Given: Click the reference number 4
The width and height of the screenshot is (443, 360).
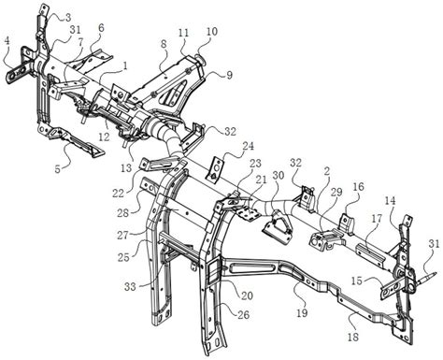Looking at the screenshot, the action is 7,41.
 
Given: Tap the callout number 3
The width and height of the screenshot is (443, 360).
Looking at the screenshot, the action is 68,17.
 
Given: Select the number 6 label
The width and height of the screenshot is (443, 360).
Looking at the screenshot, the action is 101,28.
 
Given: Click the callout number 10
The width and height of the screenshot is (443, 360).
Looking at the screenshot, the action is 212,31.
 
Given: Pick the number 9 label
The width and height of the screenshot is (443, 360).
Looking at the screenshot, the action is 229,75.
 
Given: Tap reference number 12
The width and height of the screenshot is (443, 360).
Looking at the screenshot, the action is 105,137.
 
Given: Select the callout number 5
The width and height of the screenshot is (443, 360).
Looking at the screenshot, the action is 58,169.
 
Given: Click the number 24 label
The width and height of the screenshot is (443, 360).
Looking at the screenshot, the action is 248,146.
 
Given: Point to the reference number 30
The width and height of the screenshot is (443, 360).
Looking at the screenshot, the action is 279,176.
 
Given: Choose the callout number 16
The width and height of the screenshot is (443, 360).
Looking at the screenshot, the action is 359,187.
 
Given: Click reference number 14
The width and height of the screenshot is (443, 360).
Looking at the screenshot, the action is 390,201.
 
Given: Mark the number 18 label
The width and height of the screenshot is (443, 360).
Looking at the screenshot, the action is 353,337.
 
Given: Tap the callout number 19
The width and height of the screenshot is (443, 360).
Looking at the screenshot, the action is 302,312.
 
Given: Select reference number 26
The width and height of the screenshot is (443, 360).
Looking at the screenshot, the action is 243,314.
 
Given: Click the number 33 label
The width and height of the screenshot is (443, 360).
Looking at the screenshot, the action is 130,286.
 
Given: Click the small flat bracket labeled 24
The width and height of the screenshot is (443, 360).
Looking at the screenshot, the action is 216,168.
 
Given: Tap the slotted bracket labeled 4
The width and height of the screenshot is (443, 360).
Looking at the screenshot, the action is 20,69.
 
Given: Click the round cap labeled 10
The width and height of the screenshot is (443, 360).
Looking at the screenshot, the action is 199,59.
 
